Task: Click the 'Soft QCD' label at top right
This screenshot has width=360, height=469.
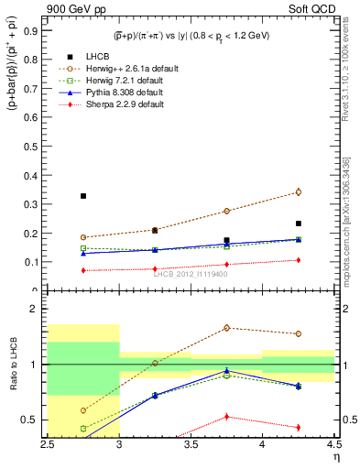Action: [x=311, y=10]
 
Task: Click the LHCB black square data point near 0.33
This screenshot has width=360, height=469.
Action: [x=83, y=196]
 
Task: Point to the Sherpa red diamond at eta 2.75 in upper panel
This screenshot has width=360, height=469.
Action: [x=83, y=270]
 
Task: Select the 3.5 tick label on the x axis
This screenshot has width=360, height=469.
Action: [x=191, y=444]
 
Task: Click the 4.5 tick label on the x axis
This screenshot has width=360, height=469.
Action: [x=333, y=444]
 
